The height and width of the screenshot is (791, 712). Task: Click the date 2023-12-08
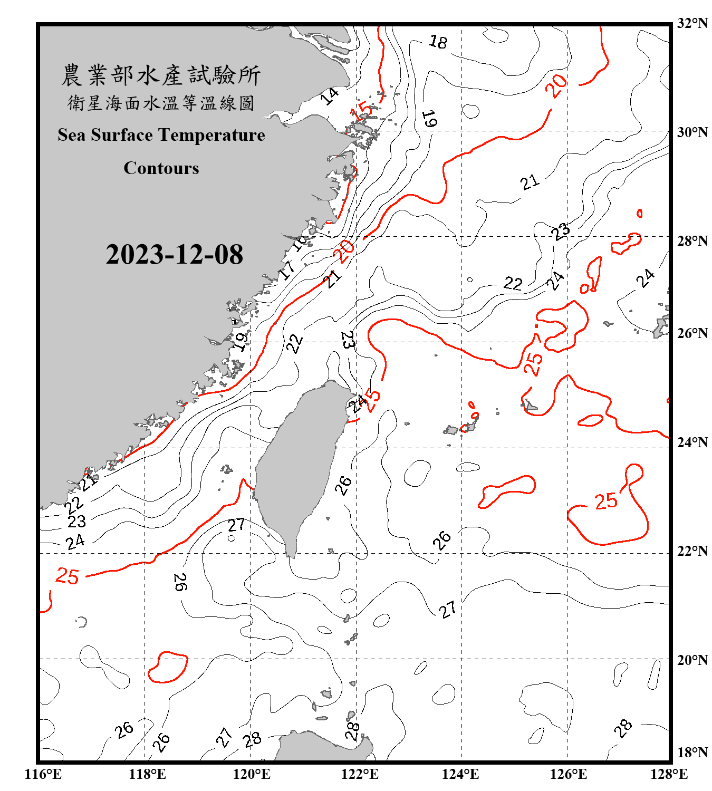click(x=174, y=255)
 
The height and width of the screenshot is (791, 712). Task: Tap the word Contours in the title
click(x=161, y=168)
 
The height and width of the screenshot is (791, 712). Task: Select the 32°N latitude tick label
click(x=692, y=23)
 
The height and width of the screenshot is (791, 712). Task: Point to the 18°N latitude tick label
click(x=692, y=753)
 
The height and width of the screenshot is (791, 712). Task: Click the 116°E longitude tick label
click(x=43, y=774)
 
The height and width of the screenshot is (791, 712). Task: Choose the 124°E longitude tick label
click(x=460, y=774)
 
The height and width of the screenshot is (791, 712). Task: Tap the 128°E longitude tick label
click(x=669, y=774)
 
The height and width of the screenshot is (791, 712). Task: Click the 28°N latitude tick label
click(x=692, y=241)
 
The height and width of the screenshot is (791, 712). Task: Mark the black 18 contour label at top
click(x=438, y=41)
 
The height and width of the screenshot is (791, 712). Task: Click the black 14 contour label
click(x=330, y=96)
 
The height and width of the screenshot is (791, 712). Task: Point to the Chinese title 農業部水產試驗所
click(x=161, y=75)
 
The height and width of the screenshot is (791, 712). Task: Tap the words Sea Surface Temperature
click(x=161, y=135)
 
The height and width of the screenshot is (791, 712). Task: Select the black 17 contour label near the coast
click(x=287, y=270)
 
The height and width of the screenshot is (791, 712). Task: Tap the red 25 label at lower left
click(x=68, y=576)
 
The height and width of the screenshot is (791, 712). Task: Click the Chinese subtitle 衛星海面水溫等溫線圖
click(x=161, y=103)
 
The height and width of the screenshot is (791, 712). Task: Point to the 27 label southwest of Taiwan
click(x=236, y=525)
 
